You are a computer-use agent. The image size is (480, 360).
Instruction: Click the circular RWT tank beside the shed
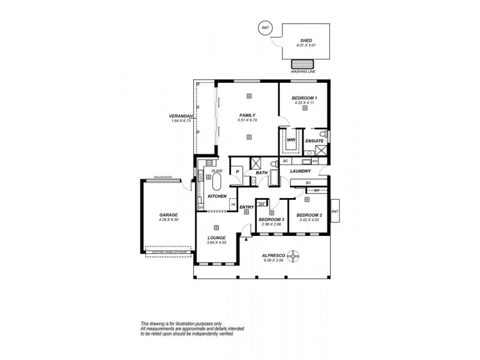click(264, 27)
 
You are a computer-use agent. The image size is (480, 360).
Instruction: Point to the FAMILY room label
click(247, 115)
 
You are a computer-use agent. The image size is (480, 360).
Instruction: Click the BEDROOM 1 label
click(304, 98)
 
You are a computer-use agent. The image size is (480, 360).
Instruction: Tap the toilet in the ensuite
click(323, 133)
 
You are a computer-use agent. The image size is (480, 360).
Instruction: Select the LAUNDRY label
click(299, 172)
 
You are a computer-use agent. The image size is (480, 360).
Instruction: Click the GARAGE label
click(168, 214)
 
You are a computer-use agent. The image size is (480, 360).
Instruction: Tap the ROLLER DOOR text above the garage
click(163, 178)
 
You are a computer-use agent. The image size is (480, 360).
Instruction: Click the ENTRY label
click(246, 208)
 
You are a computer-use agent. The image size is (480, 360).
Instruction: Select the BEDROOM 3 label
click(270, 220)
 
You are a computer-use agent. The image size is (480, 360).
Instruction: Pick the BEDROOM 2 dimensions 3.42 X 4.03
click(309, 220)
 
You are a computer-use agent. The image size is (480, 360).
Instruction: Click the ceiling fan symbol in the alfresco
click(294, 257)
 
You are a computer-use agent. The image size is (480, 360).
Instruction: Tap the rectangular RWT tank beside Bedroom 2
click(335, 211)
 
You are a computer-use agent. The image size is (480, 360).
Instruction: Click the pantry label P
click(238, 172)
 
